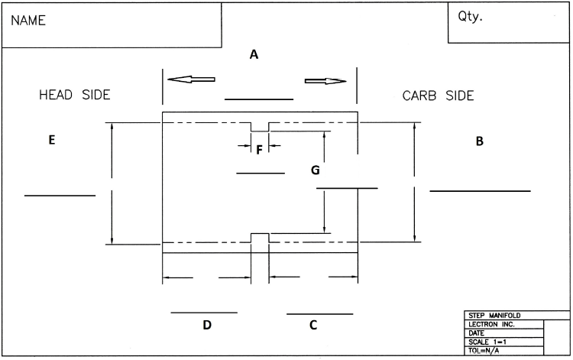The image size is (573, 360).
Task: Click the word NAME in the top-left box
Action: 28,22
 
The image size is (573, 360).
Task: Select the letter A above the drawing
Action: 254,54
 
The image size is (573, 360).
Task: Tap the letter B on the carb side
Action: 480,141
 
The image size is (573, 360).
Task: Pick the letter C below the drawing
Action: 313,325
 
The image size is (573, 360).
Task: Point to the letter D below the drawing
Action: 206,325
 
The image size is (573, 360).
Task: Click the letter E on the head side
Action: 51,140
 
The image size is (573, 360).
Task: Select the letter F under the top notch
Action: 260,150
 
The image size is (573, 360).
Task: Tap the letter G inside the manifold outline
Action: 315,170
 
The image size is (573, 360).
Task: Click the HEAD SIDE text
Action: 75,96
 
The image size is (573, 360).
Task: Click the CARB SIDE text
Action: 438,96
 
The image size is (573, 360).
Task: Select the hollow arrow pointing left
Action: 191,79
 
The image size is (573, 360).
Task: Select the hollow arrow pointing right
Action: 325,81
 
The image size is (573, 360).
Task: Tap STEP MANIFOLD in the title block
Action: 494,315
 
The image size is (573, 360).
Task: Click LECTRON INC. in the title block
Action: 490,324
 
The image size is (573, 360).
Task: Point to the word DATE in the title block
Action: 477,333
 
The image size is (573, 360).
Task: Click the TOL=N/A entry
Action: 484,351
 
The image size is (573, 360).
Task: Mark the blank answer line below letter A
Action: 259,99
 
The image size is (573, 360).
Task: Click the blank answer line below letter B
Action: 480,190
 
